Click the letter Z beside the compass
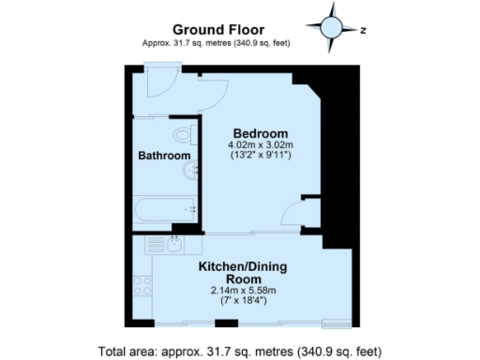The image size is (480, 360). tap(362, 29)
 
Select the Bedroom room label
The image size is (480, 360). tap(261, 132)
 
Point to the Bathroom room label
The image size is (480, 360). tap(165, 156)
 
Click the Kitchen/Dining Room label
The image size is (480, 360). tap(242, 273)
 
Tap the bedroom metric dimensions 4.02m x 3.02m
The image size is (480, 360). tap(261, 144)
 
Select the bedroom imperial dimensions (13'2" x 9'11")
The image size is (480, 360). tap(261, 156)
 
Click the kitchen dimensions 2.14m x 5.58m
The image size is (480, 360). tap(242, 291)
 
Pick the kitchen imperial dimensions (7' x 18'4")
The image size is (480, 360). tap(242, 302)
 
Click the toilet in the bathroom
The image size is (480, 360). tap(187, 135)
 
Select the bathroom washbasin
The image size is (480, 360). tap(190, 170)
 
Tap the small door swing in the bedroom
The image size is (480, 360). tap(306, 211)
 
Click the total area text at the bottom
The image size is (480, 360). tap(242, 352)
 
